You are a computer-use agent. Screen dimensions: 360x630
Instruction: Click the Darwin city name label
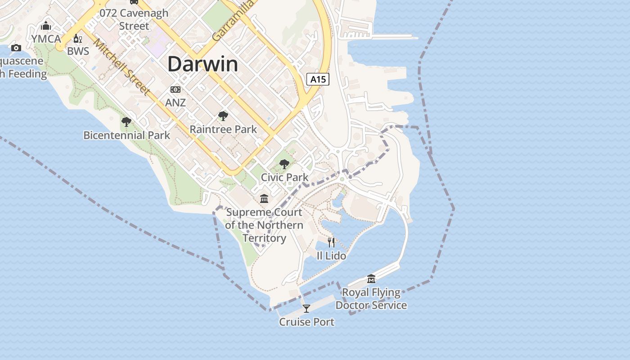click(202, 64)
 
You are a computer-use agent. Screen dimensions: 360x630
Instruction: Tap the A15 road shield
click(318, 80)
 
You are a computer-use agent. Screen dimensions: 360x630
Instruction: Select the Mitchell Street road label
click(121, 67)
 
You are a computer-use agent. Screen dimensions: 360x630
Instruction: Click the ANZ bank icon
click(175, 90)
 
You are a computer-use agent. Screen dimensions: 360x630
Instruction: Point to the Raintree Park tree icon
click(223, 116)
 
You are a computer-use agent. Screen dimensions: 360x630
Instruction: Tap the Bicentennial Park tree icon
click(126, 121)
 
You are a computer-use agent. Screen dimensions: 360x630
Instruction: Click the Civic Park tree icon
click(284, 164)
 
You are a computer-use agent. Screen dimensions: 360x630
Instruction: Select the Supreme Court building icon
click(264, 198)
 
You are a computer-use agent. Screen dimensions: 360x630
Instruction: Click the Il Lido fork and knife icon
click(331, 243)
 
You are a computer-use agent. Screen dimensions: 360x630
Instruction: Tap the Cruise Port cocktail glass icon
click(306, 308)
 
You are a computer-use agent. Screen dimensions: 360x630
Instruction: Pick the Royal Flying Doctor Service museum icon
click(371, 279)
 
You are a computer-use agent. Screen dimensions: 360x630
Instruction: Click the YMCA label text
click(46, 39)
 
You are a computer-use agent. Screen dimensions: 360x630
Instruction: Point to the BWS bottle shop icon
click(77, 39)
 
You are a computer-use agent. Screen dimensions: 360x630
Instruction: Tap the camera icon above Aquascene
click(16, 48)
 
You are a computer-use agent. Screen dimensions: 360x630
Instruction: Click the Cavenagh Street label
click(134, 19)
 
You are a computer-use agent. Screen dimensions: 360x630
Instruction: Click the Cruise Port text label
click(306, 322)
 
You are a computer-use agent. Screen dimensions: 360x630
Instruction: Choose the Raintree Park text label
click(223, 130)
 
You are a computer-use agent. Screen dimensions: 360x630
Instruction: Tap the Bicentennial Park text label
click(127, 135)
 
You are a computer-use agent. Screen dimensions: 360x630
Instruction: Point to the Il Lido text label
click(331, 256)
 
